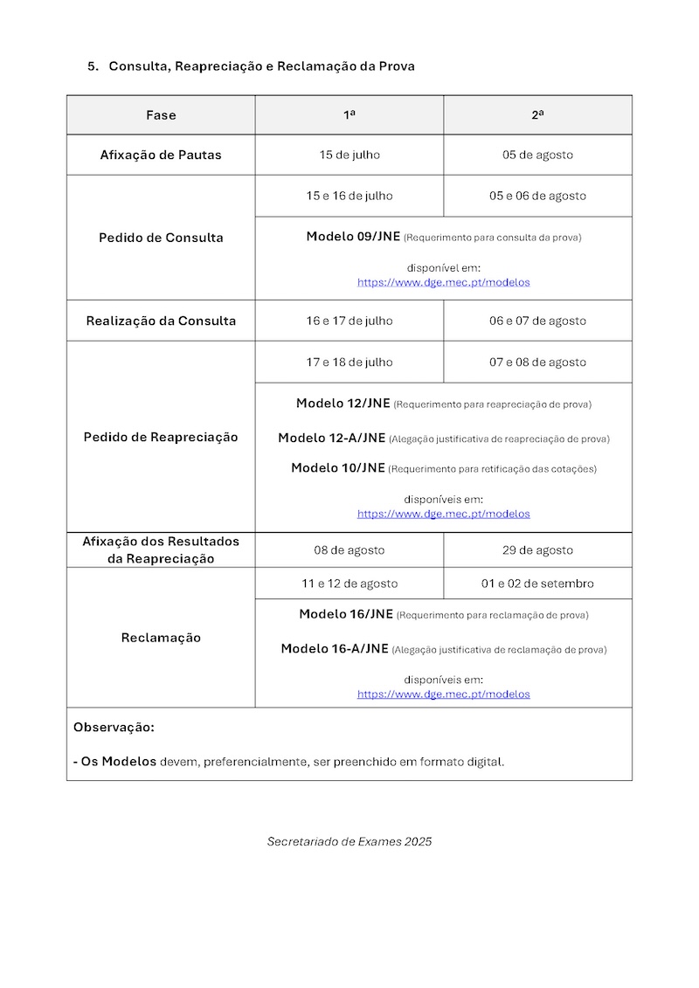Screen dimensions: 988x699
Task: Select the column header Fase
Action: click(x=161, y=115)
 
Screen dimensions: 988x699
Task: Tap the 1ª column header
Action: click(x=349, y=115)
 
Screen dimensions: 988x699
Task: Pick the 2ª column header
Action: click(x=537, y=115)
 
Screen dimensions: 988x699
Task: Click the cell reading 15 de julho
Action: click(x=349, y=155)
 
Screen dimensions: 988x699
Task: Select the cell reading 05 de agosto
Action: click(x=537, y=155)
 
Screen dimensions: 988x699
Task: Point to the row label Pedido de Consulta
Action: click(x=161, y=238)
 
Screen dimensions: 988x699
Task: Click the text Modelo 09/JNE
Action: click(x=353, y=237)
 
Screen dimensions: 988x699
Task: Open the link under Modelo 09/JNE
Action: click(x=443, y=283)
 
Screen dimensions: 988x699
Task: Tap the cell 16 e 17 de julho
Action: click(x=349, y=321)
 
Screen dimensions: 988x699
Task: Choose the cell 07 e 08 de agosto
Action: click(x=537, y=363)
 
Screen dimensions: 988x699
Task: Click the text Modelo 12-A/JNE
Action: click(x=332, y=439)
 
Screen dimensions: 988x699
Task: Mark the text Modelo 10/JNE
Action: click(x=338, y=468)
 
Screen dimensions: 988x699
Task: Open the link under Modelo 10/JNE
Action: click(x=443, y=515)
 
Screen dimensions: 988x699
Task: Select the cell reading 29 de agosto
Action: click(x=537, y=550)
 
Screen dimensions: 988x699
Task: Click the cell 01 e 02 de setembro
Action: click(x=537, y=584)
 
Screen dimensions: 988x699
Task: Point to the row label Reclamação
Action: click(x=161, y=638)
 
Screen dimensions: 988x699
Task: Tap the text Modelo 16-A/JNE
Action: click(x=335, y=649)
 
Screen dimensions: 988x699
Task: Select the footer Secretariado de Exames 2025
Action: click(x=349, y=842)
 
